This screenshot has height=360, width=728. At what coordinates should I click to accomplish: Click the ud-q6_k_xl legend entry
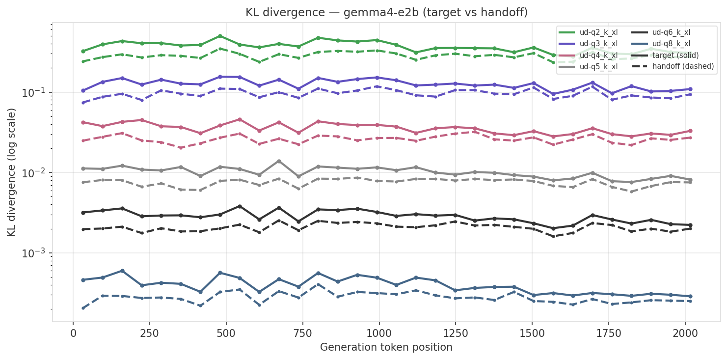671,32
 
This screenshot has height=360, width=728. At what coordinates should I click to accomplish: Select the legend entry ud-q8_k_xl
671,44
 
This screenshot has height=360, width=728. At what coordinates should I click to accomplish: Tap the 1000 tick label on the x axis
379,333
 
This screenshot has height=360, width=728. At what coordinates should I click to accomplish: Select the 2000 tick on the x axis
685,333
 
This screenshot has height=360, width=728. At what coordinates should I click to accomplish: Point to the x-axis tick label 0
73,333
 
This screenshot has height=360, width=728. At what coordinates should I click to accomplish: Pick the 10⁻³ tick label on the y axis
35,253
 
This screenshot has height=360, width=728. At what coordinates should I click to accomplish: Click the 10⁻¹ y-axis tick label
35,93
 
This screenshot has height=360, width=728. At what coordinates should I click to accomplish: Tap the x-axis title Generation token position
386,347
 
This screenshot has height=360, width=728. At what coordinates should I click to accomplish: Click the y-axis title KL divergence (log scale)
12,172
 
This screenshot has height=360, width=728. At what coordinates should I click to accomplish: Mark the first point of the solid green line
83,51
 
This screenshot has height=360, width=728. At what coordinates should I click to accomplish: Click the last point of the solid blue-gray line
690,296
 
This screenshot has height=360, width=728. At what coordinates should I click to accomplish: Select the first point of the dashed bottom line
83,308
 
